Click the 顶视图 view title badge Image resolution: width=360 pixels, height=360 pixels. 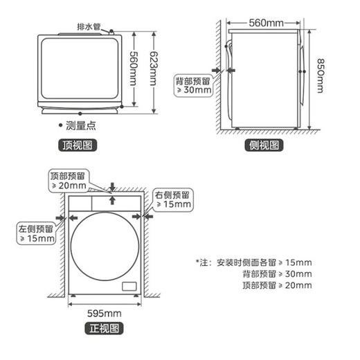(78, 145)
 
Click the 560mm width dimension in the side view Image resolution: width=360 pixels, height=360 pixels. (267, 24)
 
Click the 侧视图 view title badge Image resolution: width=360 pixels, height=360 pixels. (264, 145)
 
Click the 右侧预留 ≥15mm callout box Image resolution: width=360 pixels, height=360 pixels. (174, 199)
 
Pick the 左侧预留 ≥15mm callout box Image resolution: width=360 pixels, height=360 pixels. (36, 233)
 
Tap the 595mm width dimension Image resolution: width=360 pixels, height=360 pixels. (103, 312)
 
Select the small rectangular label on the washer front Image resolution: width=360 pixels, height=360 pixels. (129, 286)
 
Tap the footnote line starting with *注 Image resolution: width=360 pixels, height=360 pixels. (254, 262)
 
